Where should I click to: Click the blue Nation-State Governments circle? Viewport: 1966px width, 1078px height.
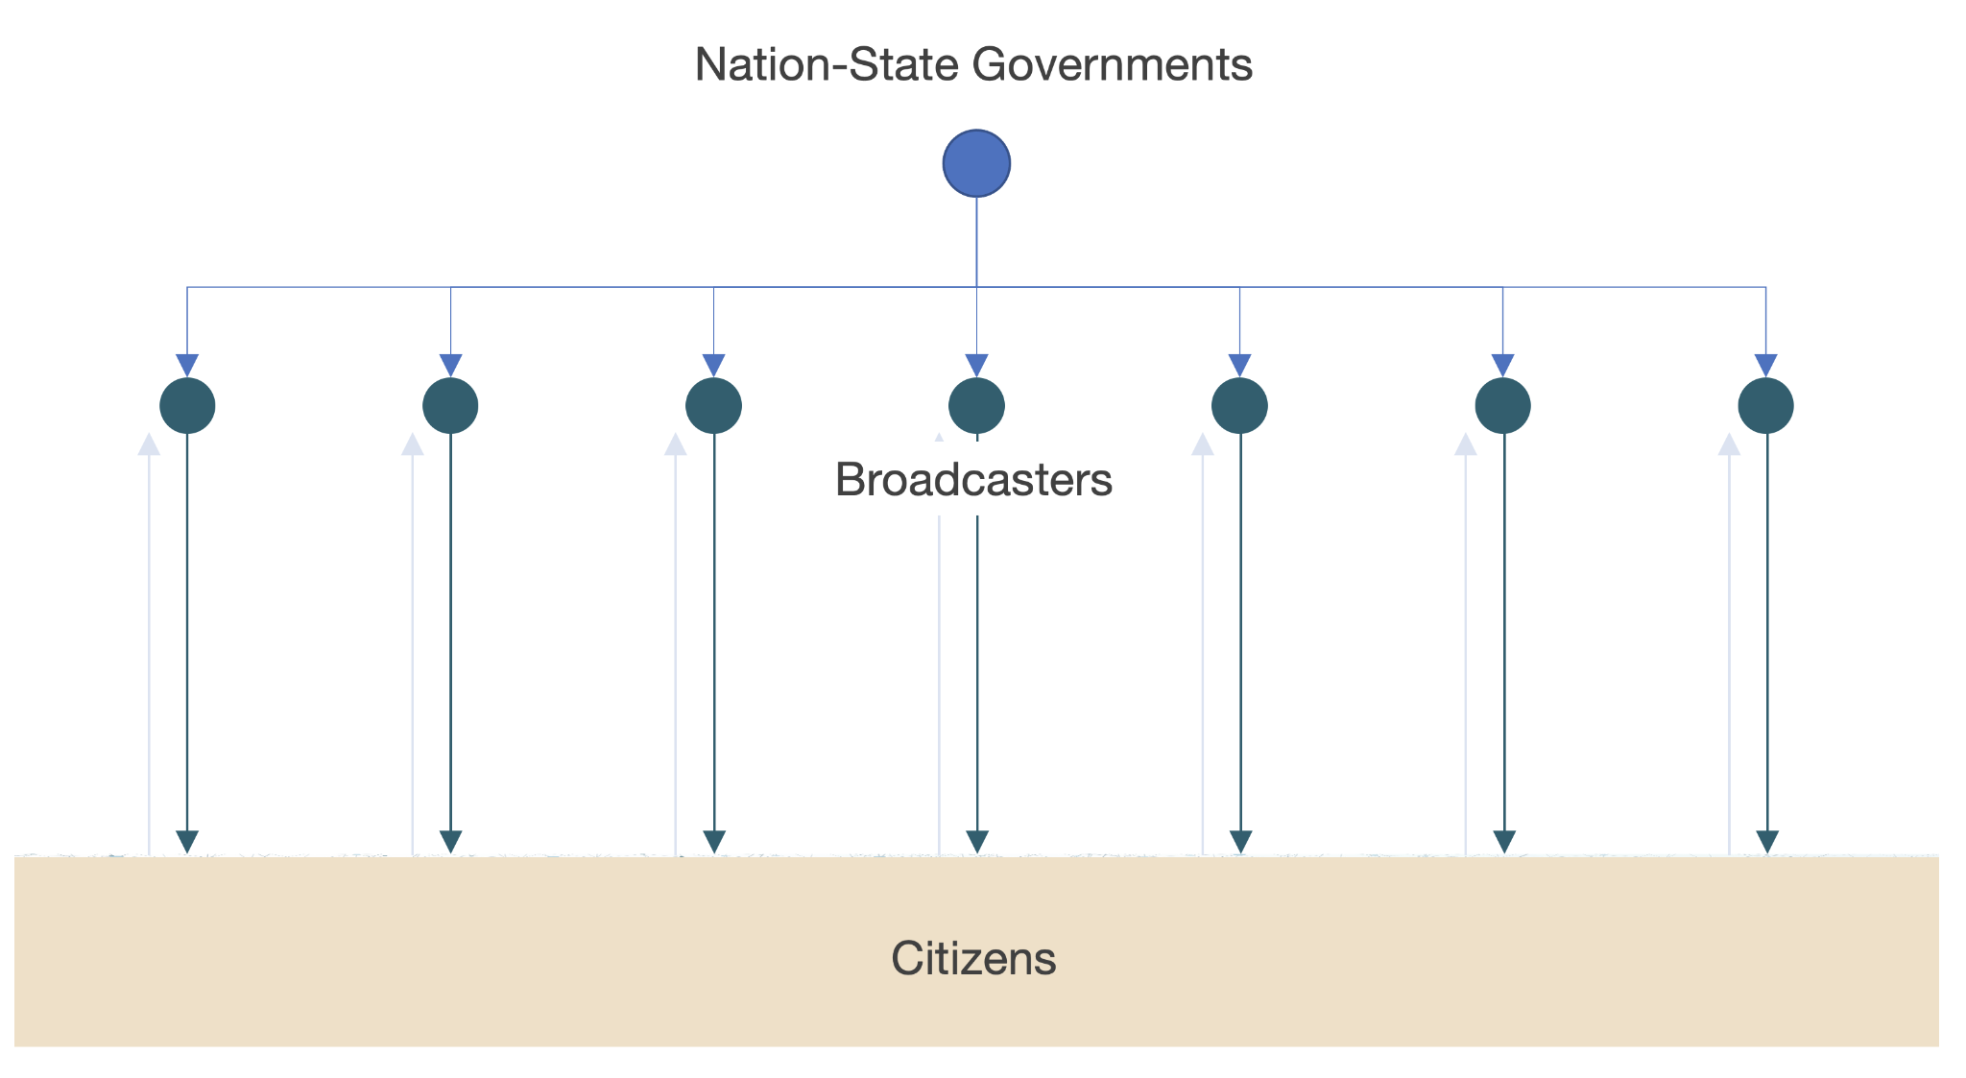pyautogui.click(x=976, y=163)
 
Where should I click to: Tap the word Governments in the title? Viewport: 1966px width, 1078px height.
pyautogui.click(x=1112, y=65)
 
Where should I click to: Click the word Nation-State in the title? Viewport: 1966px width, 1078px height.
pyautogui.click(x=827, y=65)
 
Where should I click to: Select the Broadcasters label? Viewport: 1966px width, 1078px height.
pyautogui.click(x=973, y=479)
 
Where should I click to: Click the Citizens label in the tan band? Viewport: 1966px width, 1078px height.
pyautogui.click(x=973, y=958)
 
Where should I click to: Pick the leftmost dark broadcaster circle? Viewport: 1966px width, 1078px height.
pyautogui.click(x=187, y=406)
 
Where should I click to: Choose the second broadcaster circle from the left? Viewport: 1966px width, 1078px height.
pyautogui.click(x=450, y=406)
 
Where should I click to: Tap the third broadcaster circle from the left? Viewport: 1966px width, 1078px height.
pyautogui.click(x=713, y=406)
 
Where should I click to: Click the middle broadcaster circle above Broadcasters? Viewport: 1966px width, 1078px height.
pyautogui.click(x=976, y=406)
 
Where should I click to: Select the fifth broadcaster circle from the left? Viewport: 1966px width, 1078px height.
pyautogui.click(x=1239, y=406)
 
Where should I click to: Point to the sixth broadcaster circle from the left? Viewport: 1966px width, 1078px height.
pyautogui.click(x=1502, y=406)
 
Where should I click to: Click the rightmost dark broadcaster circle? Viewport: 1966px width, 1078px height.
pyautogui.click(x=1765, y=406)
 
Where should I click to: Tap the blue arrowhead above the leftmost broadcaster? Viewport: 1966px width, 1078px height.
pyautogui.click(x=187, y=366)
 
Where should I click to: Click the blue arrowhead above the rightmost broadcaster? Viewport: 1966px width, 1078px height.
pyautogui.click(x=1765, y=366)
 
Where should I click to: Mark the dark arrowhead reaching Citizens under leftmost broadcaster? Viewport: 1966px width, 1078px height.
pyautogui.click(x=187, y=842)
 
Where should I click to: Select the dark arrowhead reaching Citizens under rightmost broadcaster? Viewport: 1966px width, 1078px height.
pyautogui.click(x=1766, y=842)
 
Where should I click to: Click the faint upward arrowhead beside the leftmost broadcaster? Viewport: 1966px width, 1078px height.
pyautogui.click(x=149, y=444)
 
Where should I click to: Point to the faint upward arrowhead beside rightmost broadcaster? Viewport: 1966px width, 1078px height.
pyautogui.click(x=1729, y=444)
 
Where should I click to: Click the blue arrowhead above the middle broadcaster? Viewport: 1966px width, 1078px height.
pyautogui.click(x=976, y=366)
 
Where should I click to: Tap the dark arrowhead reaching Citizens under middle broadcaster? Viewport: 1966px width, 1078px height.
pyautogui.click(x=977, y=842)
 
